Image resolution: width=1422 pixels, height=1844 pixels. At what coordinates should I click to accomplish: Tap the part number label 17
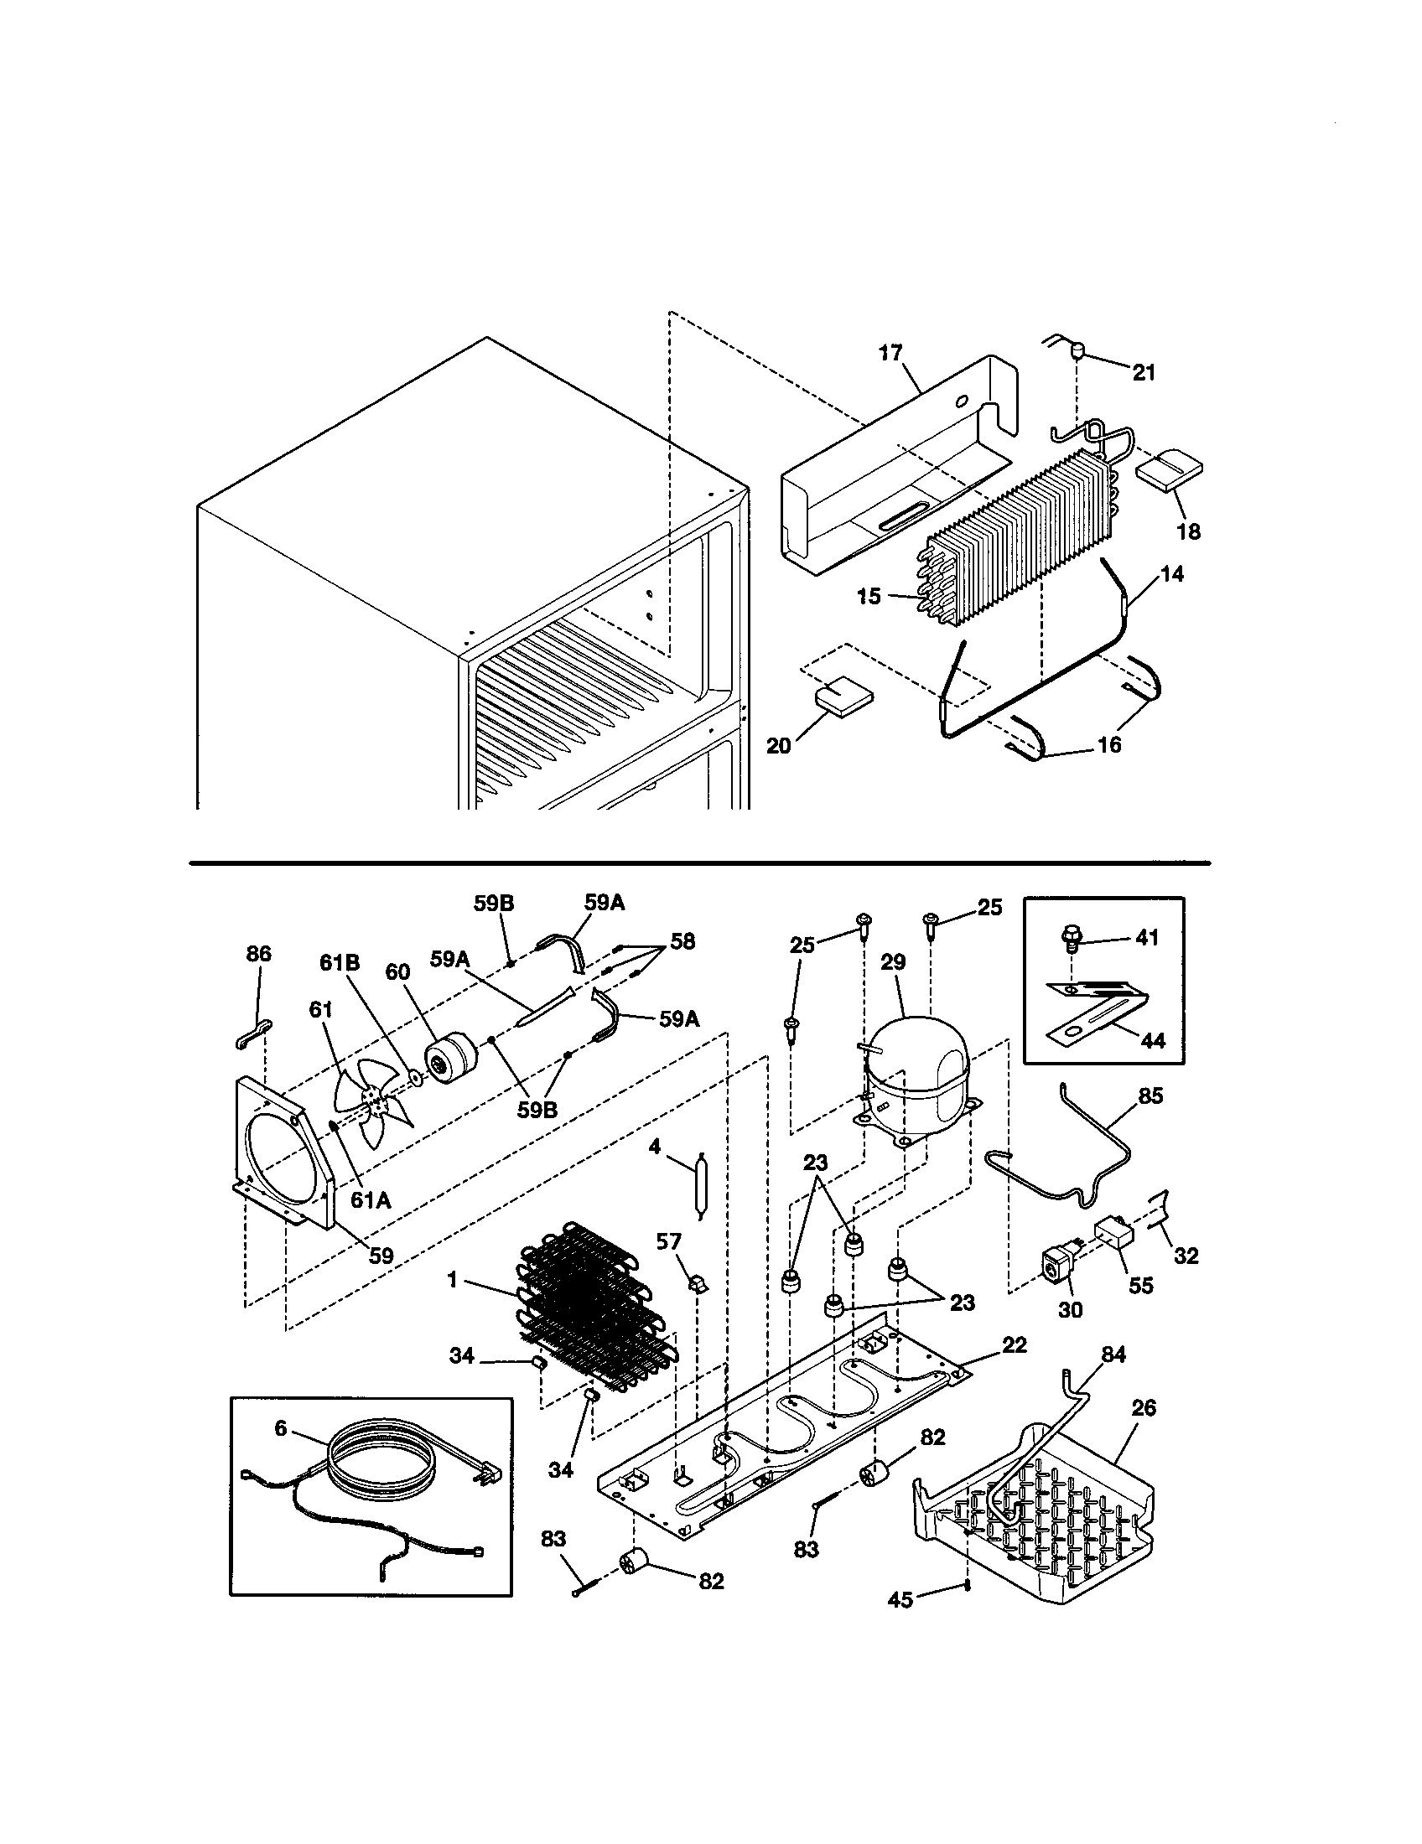click(x=891, y=353)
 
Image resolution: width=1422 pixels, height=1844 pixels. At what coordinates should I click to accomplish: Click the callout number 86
click(x=258, y=954)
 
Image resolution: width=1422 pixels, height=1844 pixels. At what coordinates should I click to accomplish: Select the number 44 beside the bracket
click(x=1152, y=1040)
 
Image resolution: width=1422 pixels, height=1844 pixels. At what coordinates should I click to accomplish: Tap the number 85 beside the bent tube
click(x=1150, y=1096)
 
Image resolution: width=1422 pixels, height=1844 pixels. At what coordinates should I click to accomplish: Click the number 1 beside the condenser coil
click(x=453, y=1281)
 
